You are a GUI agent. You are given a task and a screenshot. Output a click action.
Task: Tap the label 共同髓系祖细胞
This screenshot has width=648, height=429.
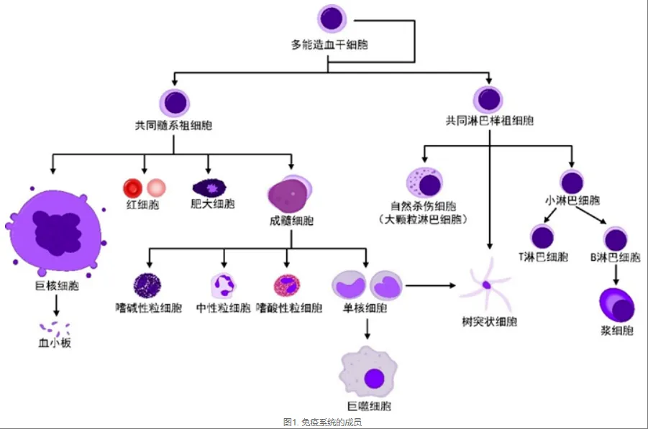click(173, 125)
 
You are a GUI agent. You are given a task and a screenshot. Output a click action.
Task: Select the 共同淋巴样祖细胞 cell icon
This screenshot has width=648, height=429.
click(489, 99)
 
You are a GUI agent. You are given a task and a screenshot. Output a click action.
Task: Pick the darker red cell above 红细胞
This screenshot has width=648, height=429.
click(132, 188)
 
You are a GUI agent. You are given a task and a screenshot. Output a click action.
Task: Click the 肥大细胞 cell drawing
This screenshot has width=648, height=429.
click(212, 189)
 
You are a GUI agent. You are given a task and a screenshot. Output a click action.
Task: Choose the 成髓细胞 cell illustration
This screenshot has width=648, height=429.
click(290, 194)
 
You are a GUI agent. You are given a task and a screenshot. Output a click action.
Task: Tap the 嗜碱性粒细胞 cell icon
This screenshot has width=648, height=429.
click(147, 285)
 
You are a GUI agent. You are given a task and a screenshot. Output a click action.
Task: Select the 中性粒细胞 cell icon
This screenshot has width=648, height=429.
click(223, 285)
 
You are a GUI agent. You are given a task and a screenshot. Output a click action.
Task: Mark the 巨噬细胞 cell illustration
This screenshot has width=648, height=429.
click(372, 374)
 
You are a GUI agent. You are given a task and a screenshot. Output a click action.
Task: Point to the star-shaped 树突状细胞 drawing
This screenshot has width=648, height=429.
click(487, 285)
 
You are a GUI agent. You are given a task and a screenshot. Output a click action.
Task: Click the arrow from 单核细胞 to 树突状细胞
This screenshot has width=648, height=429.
click(432, 285)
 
